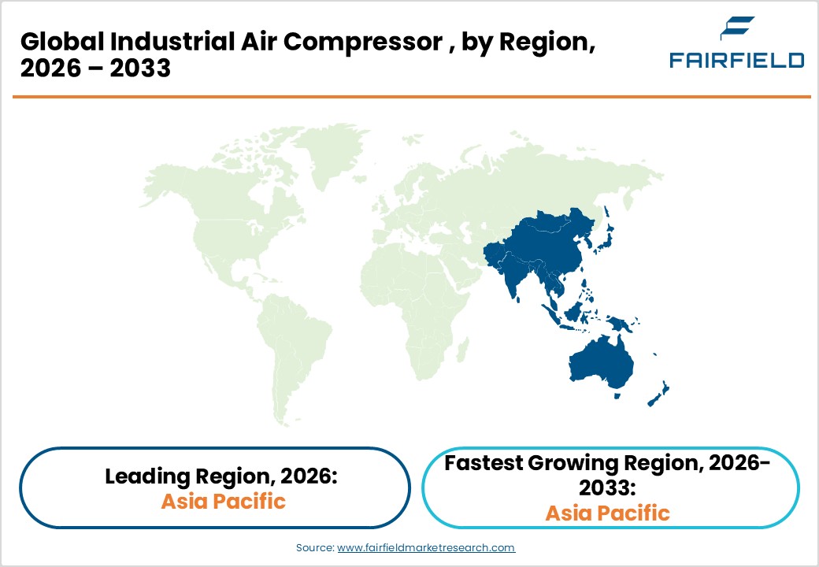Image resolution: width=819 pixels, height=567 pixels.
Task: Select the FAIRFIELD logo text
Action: pyautogui.click(x=737, y=61)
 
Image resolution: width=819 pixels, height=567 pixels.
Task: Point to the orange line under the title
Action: pyautogui.click(x=409, y=97)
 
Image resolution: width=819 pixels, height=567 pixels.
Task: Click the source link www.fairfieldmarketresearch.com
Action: pyautogui.click(x=426, y=547)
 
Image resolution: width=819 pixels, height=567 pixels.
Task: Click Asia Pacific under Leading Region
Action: pyautogui.click(x=223, y=501)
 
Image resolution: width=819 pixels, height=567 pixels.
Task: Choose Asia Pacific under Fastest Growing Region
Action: pyautogui.click(x=607, y=513)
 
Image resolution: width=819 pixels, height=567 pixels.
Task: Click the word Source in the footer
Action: pyautogui.click(x=315, y=547)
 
